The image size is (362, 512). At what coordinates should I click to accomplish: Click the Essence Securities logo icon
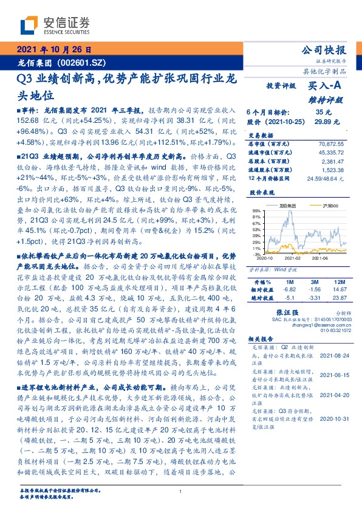pos(30,25)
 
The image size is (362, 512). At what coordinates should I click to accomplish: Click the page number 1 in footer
pos(181,493)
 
